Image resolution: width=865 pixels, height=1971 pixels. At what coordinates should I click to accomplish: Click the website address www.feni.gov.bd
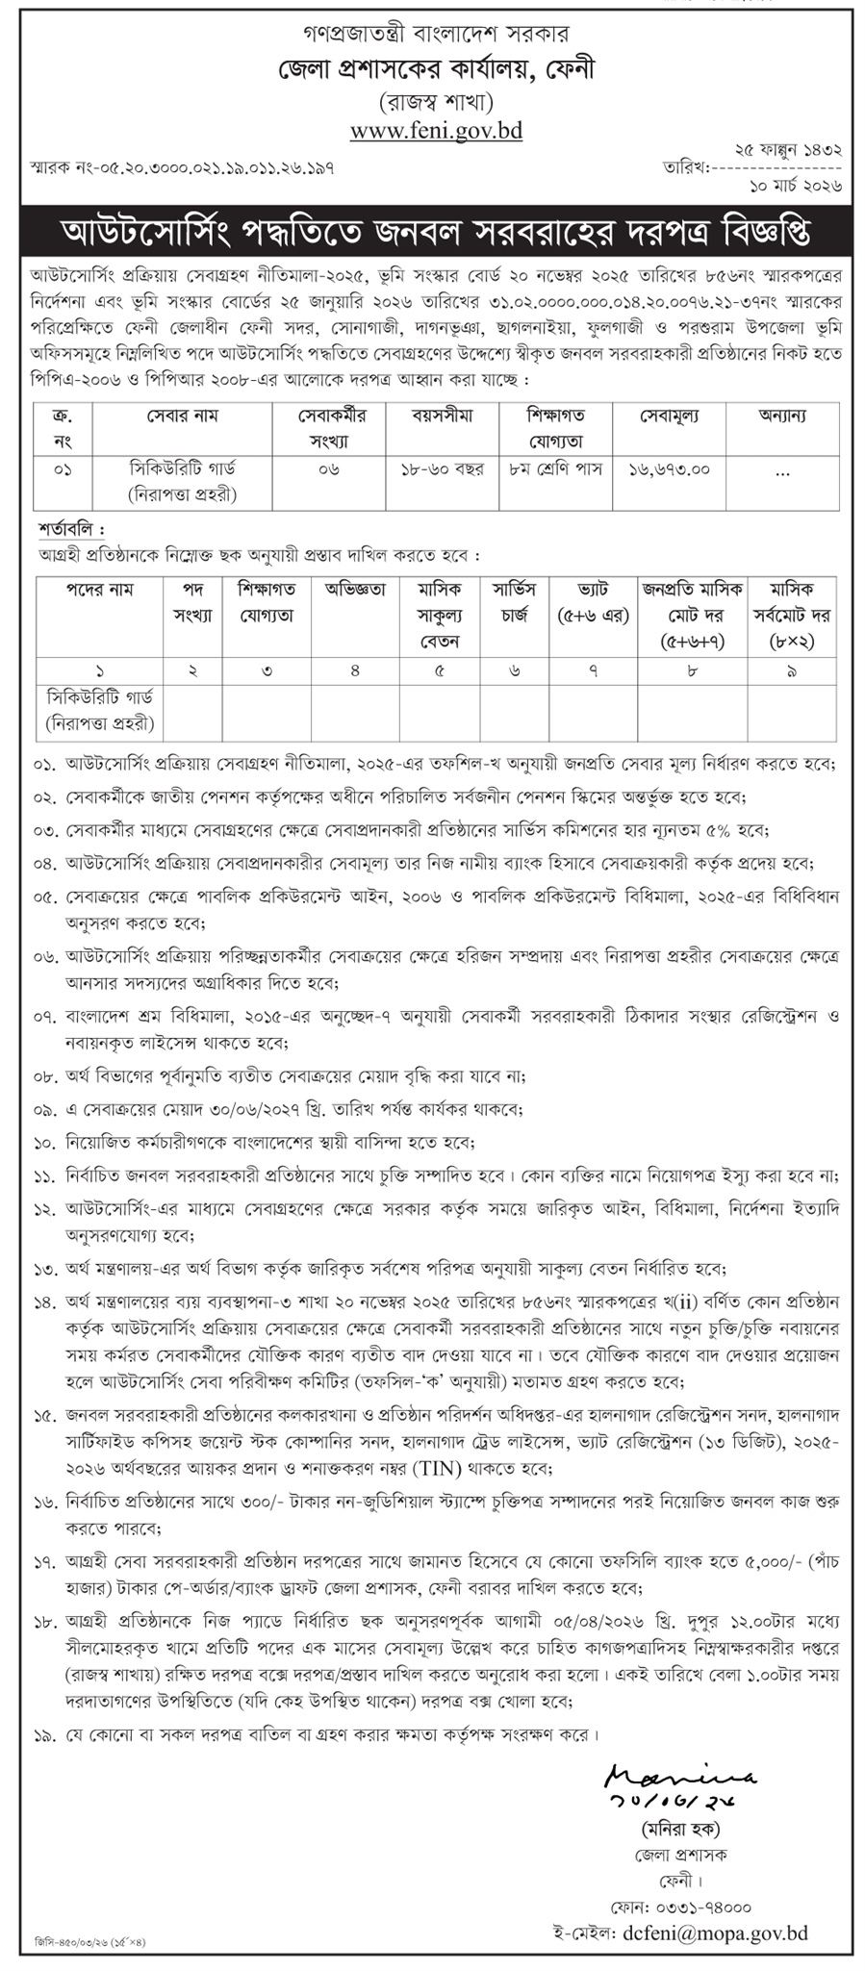click(436, 131)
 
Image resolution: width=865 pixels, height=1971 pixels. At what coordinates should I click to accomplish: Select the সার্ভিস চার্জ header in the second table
click(515, 602)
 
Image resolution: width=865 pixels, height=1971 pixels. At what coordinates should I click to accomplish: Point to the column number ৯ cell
click(791, 671)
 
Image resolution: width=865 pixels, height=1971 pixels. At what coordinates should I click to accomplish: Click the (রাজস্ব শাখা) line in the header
click(436, 101)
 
